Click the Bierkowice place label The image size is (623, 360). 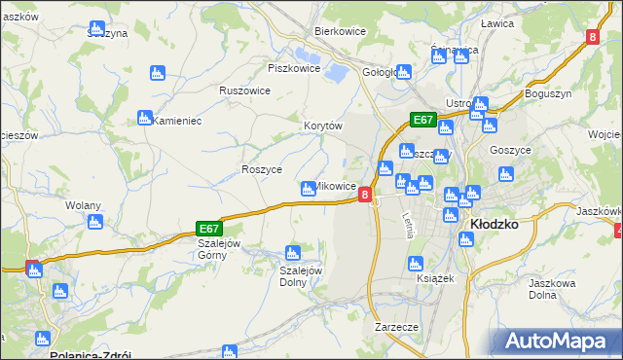(339, 31)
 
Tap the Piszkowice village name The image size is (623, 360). (294, 68)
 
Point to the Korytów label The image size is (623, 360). (323, 126)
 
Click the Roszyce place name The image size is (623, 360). (261, 169)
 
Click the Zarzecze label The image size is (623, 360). (396, 328)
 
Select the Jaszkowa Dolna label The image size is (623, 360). (552, 289)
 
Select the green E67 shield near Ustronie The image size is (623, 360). (421, 120)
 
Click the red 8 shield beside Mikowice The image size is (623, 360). (365, 195)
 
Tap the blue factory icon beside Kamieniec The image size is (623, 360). (145, 117)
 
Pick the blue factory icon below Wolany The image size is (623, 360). (94, 222)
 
